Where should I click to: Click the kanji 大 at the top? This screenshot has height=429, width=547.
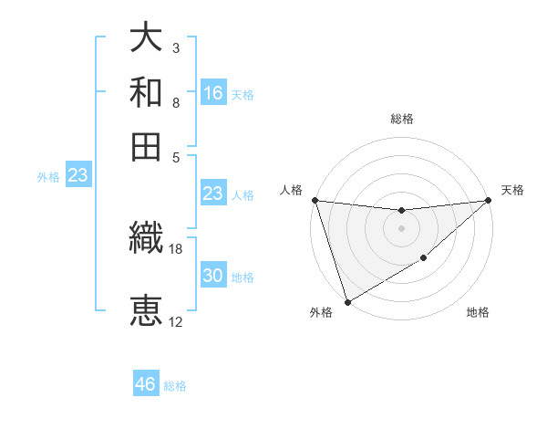(x=147, y=39)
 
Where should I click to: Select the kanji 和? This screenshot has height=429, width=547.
(x=147, y=91)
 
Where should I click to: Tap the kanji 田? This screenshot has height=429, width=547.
(x=147, y=143)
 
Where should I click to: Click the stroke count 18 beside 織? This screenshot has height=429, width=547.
(x=176, y=248)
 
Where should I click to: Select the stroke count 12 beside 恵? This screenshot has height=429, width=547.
(x=176, y=321)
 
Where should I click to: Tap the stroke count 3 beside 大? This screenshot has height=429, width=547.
(x=175, y=47)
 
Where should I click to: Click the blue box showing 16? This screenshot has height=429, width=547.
(x=213, y=92)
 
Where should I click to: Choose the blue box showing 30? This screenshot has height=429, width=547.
(x=213, y=276)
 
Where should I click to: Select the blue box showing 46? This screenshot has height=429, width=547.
(x=146, y=384)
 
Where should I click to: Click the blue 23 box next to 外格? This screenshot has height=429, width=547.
(x=77, y=176)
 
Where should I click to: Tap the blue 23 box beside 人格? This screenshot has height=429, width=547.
(x=212, y=194)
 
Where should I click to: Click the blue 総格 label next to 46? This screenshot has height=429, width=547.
(x=175, y=386)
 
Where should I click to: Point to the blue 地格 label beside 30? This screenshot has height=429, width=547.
(x=243, y=277)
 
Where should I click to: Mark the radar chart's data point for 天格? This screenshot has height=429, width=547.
(x=489, y=201)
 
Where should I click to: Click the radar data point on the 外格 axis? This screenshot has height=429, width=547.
(x=347, y=301)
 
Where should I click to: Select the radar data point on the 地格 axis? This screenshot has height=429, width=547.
(x=424, y=259)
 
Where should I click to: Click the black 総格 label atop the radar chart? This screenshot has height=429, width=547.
(x=401, y=119)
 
